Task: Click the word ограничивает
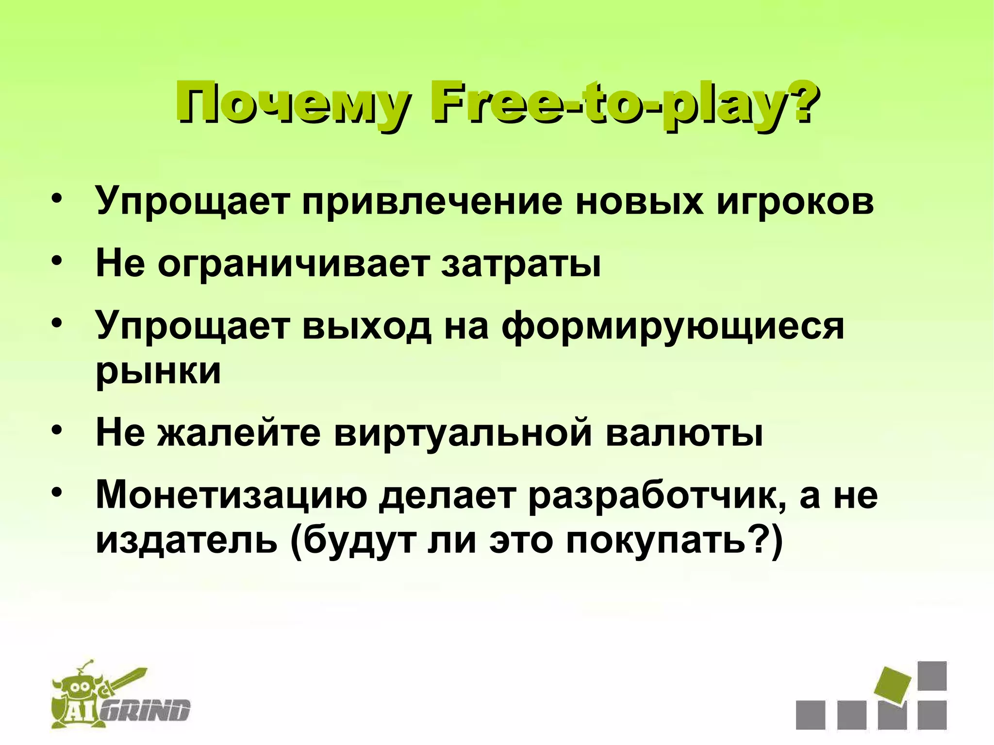(294, 265)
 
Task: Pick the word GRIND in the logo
(148, 712)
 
